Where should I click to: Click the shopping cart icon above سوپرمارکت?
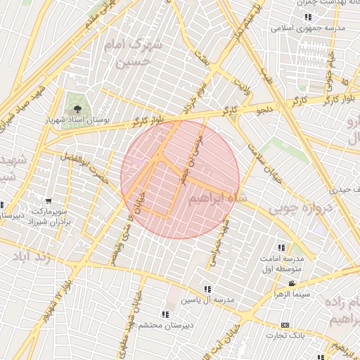point(49,201)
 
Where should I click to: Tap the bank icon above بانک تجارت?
point(285,325)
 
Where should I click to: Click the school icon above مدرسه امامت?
point(281,247)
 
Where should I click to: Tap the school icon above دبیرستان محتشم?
point(165,314)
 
